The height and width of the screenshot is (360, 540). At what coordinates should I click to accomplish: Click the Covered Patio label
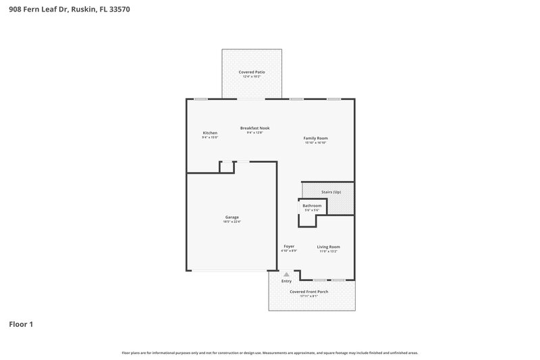252,72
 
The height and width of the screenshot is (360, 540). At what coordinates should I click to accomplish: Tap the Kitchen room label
210,132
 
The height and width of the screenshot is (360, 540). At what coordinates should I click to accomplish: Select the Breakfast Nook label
254,128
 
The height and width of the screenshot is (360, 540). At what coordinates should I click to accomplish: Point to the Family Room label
315,138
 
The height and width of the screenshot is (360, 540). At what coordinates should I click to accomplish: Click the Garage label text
232,217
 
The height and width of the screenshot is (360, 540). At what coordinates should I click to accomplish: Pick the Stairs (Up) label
331,192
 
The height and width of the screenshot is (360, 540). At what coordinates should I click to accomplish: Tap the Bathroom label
312,205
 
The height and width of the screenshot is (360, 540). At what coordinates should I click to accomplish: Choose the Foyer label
289,247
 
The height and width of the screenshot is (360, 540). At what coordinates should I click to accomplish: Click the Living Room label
328,247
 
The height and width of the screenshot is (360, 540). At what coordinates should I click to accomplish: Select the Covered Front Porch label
309,291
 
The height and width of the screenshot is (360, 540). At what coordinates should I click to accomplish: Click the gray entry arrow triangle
286,274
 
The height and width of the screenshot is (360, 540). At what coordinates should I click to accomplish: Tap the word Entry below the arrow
286,281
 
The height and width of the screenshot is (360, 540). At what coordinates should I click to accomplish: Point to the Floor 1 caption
21,324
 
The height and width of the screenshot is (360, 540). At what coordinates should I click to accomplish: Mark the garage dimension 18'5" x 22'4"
232,222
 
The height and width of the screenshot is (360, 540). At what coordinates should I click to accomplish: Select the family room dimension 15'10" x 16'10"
315,143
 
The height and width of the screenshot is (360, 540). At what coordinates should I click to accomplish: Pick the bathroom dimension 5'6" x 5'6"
312,210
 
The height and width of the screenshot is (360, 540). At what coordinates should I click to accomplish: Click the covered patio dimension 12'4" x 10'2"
252,76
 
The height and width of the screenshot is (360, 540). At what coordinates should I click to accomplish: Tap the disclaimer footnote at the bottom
270,353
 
